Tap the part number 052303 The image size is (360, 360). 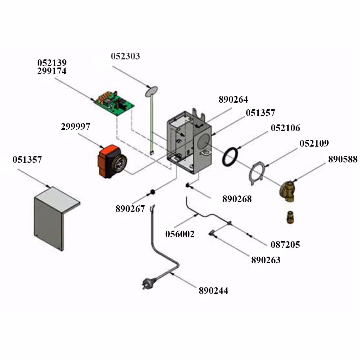point(126,56)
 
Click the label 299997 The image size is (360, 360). point(75,127)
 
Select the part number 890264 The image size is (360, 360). point(233,99)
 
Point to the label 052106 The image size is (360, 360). point(285,128)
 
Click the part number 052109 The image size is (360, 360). point(314,143)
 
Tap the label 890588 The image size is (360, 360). point(343,159)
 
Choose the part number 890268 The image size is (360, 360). point(237,199)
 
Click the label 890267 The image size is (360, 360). point(130,209)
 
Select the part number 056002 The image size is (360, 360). point(180,234)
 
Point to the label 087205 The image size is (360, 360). point(285,245)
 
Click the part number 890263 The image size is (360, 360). point(266,260)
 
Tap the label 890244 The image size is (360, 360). point(213,291)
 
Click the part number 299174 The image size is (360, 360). point(52,71)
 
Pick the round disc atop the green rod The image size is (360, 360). point(151,91)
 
